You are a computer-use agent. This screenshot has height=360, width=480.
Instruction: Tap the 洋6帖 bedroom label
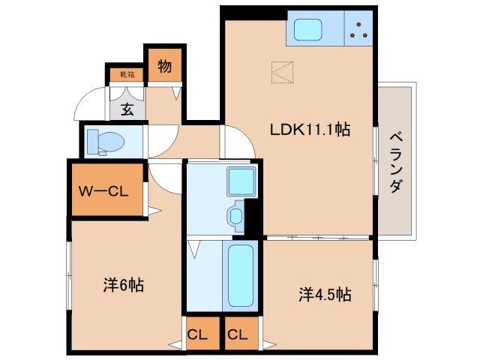[124, 286]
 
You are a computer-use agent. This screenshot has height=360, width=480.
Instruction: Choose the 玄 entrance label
[127, 109]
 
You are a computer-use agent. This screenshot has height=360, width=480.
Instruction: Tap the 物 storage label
[164, 67]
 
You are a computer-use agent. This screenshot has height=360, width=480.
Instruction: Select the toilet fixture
[104, 141]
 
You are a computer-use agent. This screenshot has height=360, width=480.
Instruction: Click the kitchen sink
[309, 29]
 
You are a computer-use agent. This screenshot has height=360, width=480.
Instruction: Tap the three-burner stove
[359, 29]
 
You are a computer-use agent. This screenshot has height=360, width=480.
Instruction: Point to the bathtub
[241, 275]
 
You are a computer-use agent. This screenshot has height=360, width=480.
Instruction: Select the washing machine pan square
[241, 182]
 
